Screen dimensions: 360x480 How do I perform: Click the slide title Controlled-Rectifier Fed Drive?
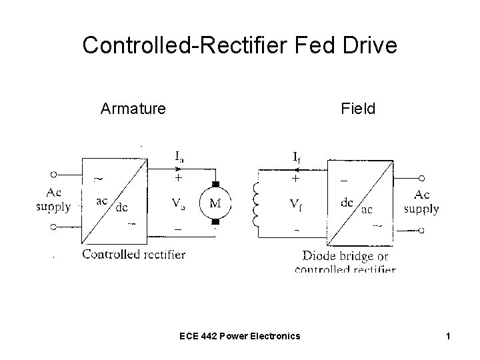pyautogui.click(x=239, y=45)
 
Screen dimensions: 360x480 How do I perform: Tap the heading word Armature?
pyautogui.click(x=133, y=107)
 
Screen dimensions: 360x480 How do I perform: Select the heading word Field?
pyautogui.click(x=358, y=107)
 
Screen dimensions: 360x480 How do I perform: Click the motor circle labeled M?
pyautogui.click(x=215, y=203)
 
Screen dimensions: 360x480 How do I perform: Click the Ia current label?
pyautogui.click(x=180, y=157)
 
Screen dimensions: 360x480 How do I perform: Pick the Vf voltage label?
pyautogui.click(x=296, y=203)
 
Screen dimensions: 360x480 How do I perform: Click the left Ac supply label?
pyautogui.click(x=53, y=201)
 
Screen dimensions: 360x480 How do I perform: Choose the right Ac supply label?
pyautogui.click(x=421, y=201)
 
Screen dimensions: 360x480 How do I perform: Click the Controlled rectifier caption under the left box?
pyautogui.click(x=134, y=254)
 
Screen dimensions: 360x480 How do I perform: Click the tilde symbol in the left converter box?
pyautogui.click(x=97, y=179)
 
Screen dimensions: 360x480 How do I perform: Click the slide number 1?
pyautogui.click(x=449, y=336)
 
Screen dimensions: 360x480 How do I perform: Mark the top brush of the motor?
pyautogui.click(x=215, y=183)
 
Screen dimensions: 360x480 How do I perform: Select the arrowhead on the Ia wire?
pyautogui.click(x=178, y=169)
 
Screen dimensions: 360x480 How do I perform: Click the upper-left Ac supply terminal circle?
pyautogui.click(x=53, y=174)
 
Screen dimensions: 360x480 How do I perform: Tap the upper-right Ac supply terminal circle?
pyautogui.click(x=422, y=178)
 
